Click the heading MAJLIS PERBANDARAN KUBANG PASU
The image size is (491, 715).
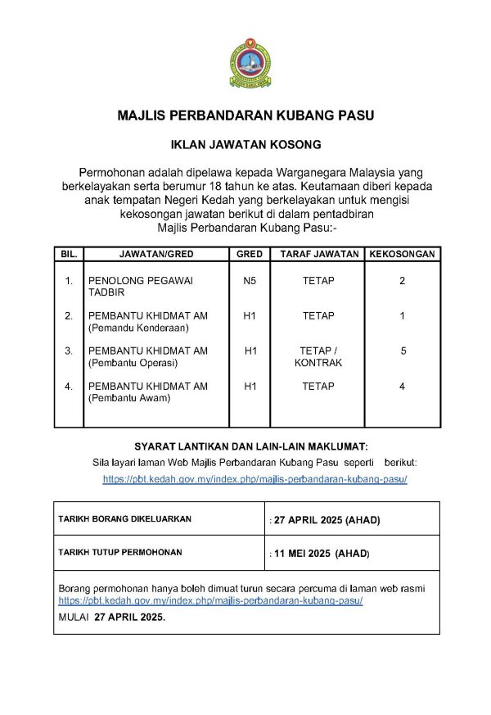(245, 115)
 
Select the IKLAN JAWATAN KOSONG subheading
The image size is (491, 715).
(245, 145)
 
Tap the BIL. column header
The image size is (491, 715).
(69, 254)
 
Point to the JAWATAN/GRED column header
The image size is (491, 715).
(156, 254)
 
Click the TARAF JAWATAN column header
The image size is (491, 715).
(319, 254)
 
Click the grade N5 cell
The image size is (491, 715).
(250, 281)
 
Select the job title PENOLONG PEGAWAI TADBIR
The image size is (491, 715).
(140, 286)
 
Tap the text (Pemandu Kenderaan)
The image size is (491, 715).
(138, 328)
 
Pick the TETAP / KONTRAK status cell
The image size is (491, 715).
(318, 356)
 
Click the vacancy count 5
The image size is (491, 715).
(403, 351)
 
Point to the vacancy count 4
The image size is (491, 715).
(402, 386)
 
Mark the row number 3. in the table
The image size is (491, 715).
(70, 351)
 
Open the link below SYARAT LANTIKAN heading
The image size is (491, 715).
(255, 479)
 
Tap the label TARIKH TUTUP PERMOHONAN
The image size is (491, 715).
(119, 553)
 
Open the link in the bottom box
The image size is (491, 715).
(210, 600)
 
